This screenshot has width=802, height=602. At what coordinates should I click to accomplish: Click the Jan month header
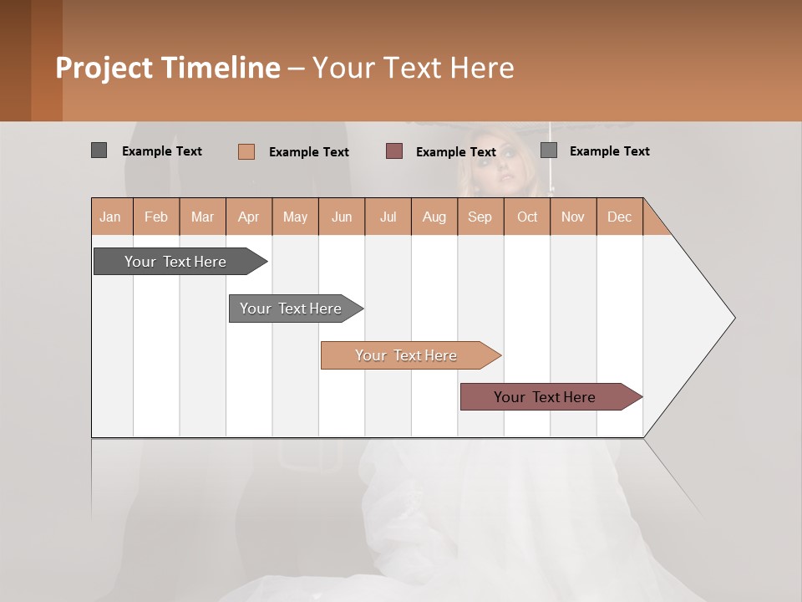tap(111, 217)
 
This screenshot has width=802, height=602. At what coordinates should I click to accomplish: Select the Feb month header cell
tap(156, 217)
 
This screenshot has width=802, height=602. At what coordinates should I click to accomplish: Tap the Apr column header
tap(249, 217)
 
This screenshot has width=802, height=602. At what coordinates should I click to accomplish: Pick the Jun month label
tap(342, 217)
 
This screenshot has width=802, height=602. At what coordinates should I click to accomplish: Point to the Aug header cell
tap(434, 217)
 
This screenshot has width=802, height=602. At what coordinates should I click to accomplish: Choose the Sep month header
tap(480, 217)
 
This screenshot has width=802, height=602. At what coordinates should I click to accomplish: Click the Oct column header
tap(527, 217)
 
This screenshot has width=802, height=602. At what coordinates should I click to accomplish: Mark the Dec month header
tap(620, 217)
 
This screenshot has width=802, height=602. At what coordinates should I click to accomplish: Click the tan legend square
tap(246, 151)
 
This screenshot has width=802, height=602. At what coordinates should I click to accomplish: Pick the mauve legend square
tap(394, 151)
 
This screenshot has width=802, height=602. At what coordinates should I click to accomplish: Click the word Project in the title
tap(105, 68)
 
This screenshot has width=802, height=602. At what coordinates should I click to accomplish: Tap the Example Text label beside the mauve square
tap(456, 152)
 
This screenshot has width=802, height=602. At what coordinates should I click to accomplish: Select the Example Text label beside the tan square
tap(309, 152)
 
